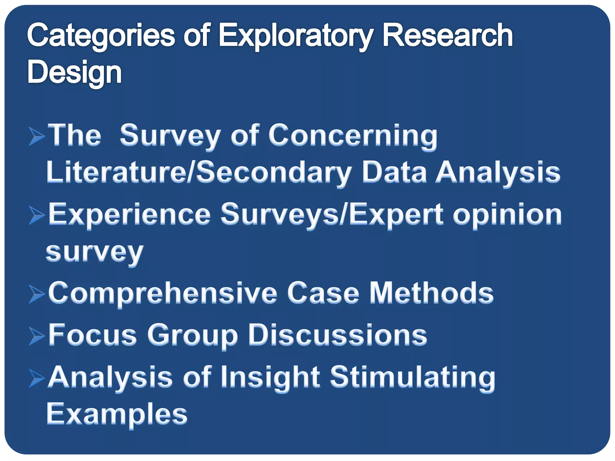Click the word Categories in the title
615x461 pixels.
tap(101, 36)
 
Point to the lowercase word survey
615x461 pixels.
tap(95, 252)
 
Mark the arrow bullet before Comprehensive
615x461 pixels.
tap(37, 294)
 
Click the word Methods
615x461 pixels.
tap(431, 293)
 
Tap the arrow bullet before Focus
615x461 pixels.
tap(37, 336)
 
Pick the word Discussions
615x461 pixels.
tap(337, 335)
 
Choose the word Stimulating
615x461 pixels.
tap(413, 378)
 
